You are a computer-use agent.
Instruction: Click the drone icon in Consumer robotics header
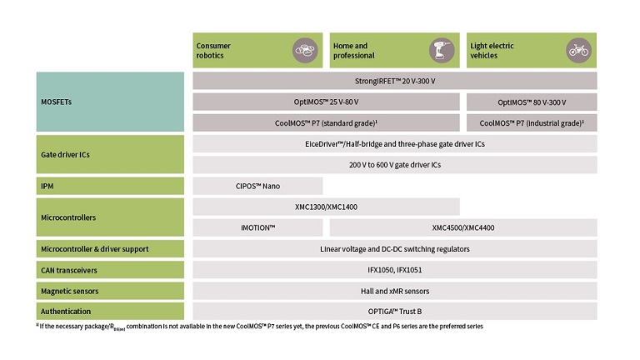point(305,50)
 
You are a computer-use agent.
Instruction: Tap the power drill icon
point(442,50)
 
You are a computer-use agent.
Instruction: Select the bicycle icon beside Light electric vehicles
point(578,50)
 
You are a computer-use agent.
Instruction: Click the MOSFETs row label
point(110,102)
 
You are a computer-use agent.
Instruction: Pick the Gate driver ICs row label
point(110,154)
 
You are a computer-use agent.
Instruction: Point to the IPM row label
point(110,186)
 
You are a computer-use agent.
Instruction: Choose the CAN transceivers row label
point(110,270)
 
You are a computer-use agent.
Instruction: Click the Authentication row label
point(110,311)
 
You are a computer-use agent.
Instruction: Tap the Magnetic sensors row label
point(110,291)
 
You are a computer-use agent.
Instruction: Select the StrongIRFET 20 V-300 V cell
point(395,81)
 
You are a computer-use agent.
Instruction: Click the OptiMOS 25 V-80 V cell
point(326,102)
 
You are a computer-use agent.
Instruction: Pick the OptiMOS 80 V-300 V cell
point(532,102)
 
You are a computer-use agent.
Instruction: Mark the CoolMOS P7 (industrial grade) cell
point(532,122)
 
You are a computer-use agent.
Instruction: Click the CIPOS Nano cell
point(257,186)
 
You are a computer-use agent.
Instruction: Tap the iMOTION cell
point(257,227)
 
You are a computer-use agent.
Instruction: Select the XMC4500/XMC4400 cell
point(463,227)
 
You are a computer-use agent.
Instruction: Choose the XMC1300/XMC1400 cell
point(326,207)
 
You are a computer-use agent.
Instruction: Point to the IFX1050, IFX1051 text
point(395,270)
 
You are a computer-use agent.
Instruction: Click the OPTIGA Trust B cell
point(395,311)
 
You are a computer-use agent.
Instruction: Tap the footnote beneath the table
point(260,327)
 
